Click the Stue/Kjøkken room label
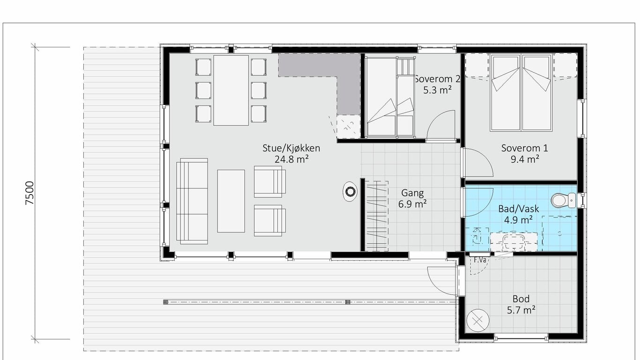[291, 148]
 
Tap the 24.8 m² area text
[291, 159]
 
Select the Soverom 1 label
[525, 148]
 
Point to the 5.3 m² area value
[437, 90]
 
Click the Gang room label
[412, 193]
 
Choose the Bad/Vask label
[519, 209]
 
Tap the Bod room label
[521, 299]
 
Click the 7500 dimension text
[30, 193]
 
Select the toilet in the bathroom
[563, 201]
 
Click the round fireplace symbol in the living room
[350, 191]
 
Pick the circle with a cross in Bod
[478, 321]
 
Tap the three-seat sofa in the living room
[192, 201]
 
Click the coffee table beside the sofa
[231, 201]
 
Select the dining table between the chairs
[231, 90]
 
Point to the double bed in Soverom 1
[521, 93]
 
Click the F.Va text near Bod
[480, 260]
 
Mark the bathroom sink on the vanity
[513, 242]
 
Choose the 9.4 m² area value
[525, 159]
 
